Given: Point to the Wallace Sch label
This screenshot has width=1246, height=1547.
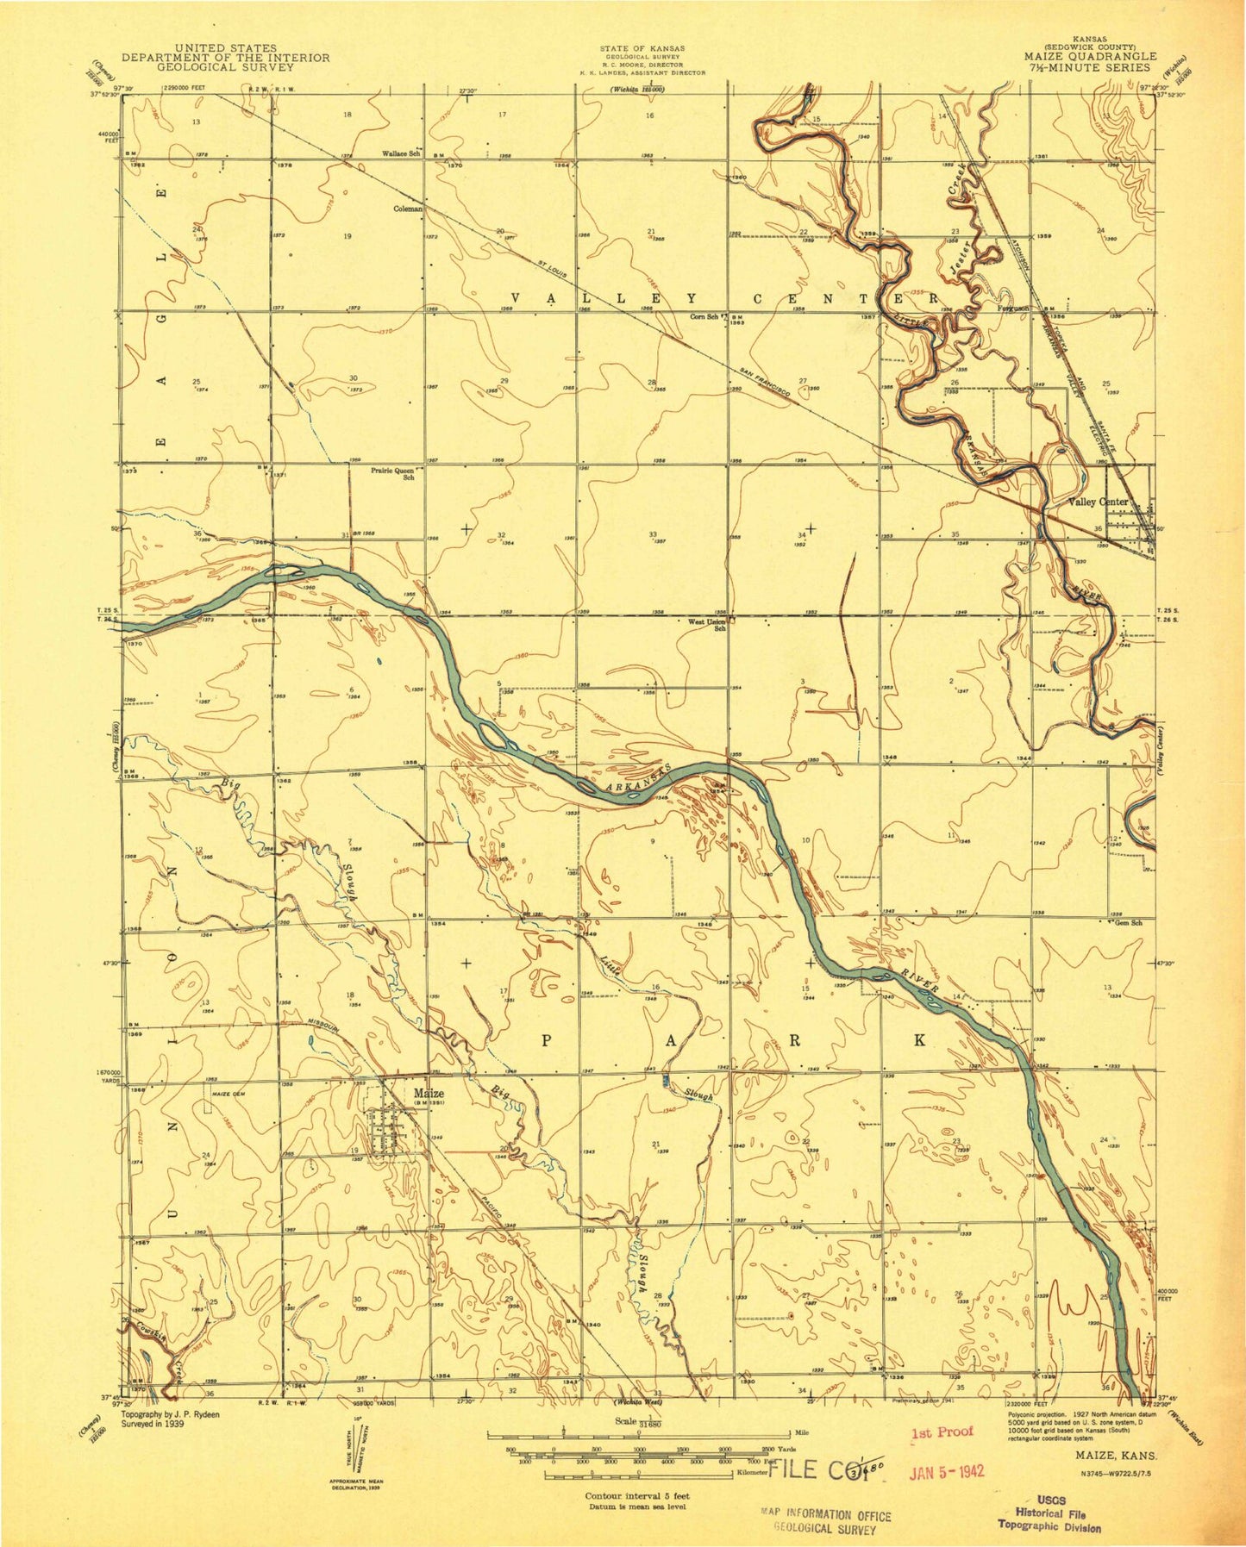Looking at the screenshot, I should pos(401,154).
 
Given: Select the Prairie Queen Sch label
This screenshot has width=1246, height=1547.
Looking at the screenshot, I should pos(393,474).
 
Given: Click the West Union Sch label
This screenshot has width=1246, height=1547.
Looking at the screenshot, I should pos(706,624).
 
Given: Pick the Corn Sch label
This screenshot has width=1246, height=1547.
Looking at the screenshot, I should pos(704,316).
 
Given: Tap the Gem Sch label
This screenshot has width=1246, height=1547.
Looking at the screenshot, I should pos(1128,923).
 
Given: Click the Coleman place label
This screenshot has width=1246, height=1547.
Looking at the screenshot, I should pos(408,209).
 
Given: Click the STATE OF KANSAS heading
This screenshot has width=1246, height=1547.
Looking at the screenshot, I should pos(643,48).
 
